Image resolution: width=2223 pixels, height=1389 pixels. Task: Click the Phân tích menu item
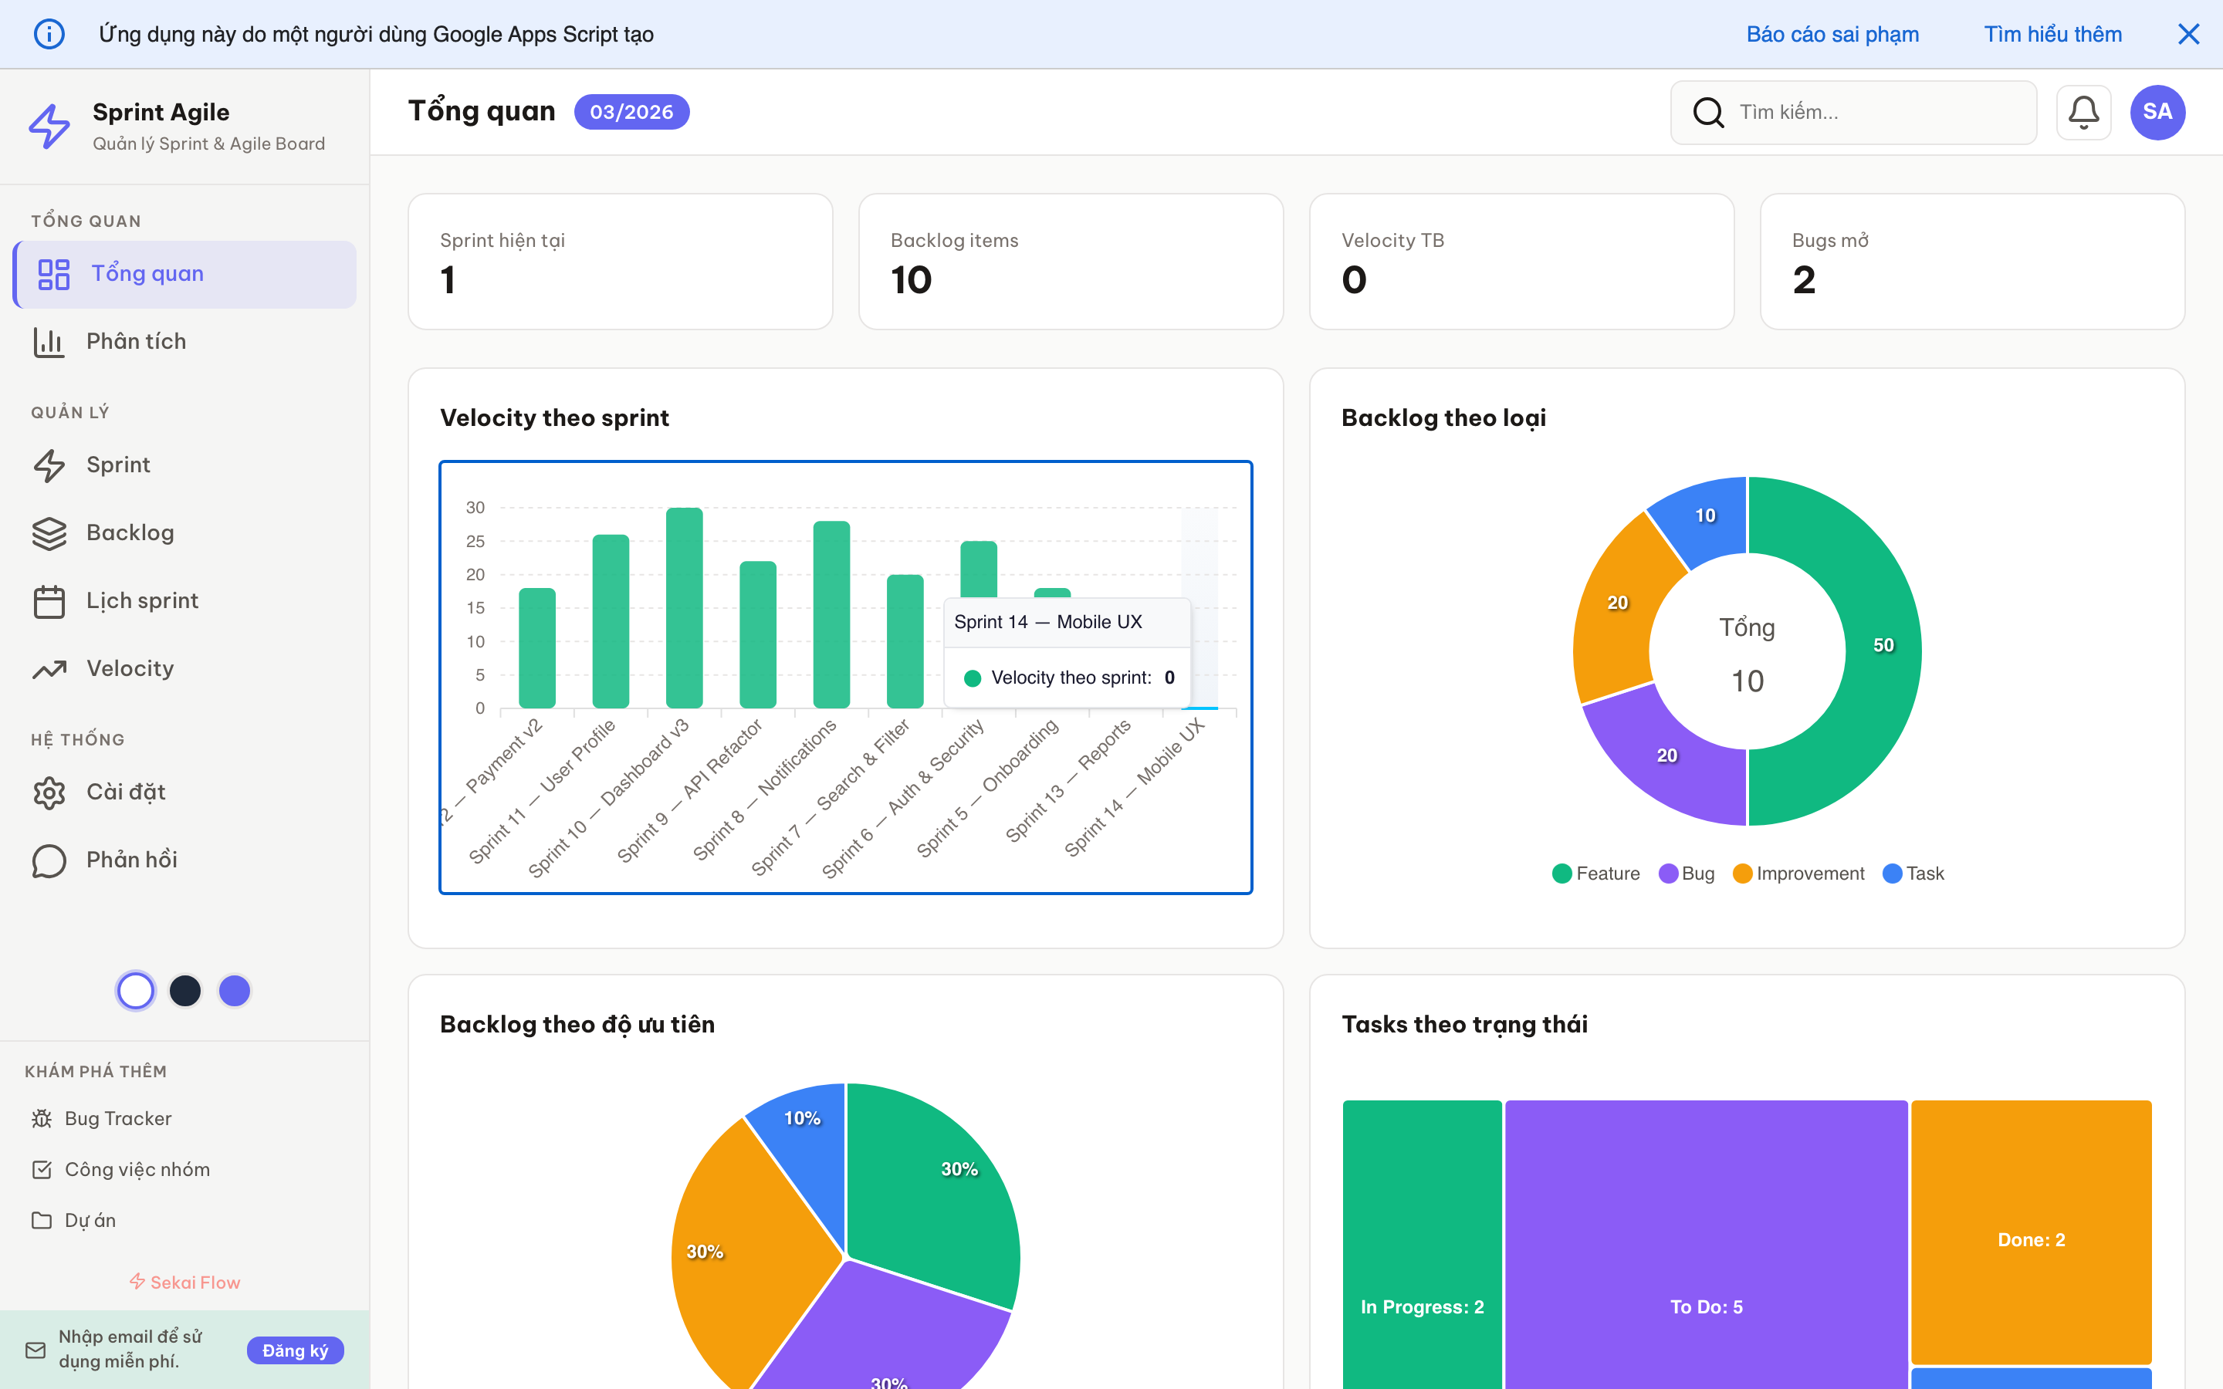click(x=136, y=342)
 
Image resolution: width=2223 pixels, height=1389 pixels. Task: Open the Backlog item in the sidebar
click(x=130, y=532)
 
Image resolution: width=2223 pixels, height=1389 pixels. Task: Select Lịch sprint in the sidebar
click(x=141, y=601)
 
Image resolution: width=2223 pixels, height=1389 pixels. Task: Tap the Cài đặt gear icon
click(x=49, y=792)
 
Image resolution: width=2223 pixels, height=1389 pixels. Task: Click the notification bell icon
click(x=2083, y=112)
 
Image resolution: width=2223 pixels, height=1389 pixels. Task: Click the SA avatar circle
click(x=2157, y=112)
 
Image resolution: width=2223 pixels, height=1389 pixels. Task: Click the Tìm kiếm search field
click(x=1874, y=112)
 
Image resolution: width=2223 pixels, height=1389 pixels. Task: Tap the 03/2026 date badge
click(x=631, y=112)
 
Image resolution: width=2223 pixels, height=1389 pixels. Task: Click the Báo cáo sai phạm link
click(x=1832, y=34)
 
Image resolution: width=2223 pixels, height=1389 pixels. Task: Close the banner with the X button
click(x=2188, y=34)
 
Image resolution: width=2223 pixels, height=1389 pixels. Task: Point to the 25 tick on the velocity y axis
click(x=475, y=541)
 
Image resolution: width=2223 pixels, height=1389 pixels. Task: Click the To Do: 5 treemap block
click(x=1706, y=1286)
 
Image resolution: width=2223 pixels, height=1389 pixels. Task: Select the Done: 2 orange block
click(x=2031, y=1239)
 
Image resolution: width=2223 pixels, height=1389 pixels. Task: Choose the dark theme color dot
click(x=185, y=990)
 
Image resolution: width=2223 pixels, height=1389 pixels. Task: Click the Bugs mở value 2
click(x=1804, y=280)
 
